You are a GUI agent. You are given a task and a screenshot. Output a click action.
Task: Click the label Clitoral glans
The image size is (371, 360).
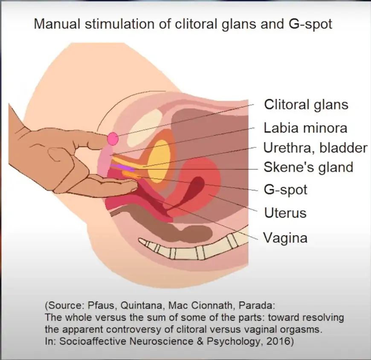point(306,104)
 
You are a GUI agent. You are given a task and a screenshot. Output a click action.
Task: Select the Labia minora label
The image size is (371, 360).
point(305,128)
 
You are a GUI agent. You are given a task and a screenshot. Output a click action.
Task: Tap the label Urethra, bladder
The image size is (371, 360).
point(315,148)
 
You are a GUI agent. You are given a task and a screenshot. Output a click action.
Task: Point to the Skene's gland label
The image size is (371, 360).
point(308,167)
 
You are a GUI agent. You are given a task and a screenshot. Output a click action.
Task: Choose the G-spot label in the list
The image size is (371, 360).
point(285,190)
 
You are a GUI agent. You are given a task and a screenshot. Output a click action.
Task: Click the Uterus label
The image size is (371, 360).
point(285,213)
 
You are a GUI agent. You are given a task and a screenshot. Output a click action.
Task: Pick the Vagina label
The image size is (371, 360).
point(285,238)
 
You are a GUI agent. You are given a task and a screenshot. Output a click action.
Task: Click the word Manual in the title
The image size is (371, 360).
point(57,23)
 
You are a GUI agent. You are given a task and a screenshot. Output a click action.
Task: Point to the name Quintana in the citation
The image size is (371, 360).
point(142,305)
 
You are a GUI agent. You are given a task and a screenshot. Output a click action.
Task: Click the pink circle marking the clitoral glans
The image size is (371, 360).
point(113,139)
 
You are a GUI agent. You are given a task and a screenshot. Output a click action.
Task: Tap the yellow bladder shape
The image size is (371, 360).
point(159,161)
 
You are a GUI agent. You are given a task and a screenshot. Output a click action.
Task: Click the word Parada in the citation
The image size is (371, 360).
point(257,305)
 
